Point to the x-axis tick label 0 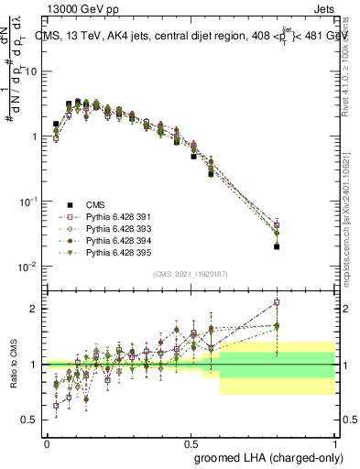click(x=47, y=442)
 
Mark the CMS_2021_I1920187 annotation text click(x=190, y=274)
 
